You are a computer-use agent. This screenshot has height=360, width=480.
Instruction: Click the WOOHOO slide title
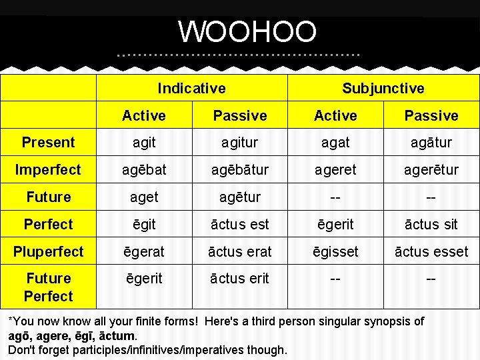[x=247, y=31]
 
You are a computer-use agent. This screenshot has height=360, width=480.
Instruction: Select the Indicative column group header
[x=191, y=88]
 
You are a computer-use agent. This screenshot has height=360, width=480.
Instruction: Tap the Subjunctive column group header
[x=383, y=88]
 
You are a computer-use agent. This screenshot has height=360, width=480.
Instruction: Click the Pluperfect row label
[x=48, y=251]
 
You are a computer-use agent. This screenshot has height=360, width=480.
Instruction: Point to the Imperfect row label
[x=48, y=169]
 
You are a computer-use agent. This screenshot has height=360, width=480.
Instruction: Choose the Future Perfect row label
[x=48, y=287]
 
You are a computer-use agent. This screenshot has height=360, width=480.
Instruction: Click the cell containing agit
[x=143, y=142]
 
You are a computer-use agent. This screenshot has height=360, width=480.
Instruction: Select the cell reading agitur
[x=239, y=142]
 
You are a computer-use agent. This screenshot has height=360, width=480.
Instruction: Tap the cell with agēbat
[x=143, y=169]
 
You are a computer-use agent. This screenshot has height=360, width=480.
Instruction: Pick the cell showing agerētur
[x=431, y=169]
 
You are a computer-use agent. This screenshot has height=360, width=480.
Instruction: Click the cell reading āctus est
[x=239, y=224]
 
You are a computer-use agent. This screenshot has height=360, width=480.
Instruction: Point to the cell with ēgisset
[x=335, y=251]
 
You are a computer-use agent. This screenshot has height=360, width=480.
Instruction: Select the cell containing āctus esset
[x=431, y=251]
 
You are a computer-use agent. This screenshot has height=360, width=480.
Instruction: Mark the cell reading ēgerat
[x=143, y=251]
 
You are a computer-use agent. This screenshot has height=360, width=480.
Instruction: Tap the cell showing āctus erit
[x=239, y=279]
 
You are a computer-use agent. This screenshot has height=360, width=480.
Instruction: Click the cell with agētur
[x=239, y=197]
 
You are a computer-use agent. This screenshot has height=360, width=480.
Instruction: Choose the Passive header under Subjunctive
[x=431, y=115]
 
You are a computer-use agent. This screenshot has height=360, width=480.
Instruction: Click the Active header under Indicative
[x=143, y=115]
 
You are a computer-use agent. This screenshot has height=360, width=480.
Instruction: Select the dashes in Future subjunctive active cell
[x=335, y=197]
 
